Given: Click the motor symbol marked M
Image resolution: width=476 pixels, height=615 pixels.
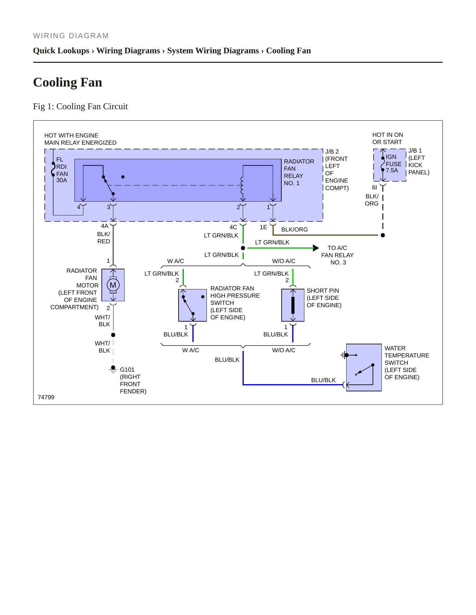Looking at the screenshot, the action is click(x=113, y=285).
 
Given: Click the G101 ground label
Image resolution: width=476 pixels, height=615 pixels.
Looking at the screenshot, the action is click(x=127, y=370).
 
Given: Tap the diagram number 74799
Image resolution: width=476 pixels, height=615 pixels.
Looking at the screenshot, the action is click(x=46, y=397).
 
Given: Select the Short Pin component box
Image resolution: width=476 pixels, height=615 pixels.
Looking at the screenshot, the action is click(x=293, y=305).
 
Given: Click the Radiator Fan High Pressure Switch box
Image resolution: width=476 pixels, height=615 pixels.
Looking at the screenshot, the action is click(x=193, y=305).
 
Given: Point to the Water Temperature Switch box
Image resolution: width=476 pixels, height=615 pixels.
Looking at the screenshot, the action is click(x=364, y=367).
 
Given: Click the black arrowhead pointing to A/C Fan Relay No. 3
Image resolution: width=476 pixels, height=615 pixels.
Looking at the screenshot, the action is click(x=316, y=248).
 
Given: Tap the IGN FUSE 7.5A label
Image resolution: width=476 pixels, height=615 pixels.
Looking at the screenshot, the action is click(x=394, y=164).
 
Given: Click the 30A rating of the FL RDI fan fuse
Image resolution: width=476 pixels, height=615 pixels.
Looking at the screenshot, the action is click(x=62, y=180).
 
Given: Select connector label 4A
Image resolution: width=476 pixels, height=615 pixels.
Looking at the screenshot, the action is click(x=105, y=226).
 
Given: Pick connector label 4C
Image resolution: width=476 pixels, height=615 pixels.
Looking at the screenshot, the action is click(x=233, y=227).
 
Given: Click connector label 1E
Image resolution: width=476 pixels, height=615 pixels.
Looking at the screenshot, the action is click(x=264, y=227).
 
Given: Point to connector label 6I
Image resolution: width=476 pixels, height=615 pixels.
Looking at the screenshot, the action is click(x=375, y=187).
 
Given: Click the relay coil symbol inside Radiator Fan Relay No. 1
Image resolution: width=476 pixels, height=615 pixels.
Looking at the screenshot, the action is click(x=242, y=186).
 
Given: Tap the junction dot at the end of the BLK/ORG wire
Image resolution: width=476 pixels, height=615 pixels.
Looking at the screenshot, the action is click(x=383, y=235).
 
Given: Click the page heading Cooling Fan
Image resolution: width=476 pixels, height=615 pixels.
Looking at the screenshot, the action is click(x=68, y=82).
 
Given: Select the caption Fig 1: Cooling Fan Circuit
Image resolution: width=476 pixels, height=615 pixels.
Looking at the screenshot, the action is click(x=80, y=106).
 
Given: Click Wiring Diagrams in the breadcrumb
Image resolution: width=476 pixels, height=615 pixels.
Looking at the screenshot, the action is click(x=128, y=51).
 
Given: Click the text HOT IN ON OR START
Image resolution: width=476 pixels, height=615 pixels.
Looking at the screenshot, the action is click(x=388, y=138).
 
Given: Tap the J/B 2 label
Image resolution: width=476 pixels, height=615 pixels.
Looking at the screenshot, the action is click(x=332, y=152).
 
